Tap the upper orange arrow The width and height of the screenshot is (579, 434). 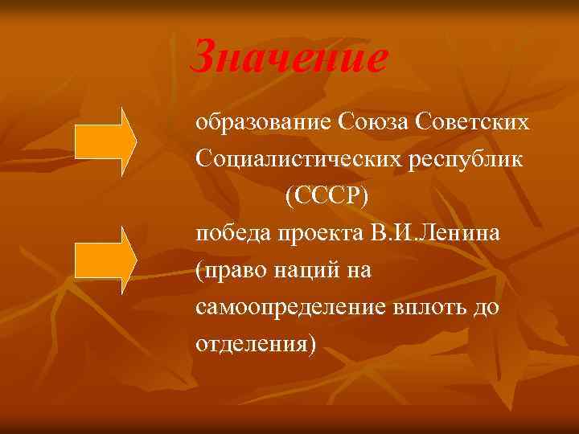[105, 141]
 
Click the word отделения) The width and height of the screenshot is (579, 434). [256, 345]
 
